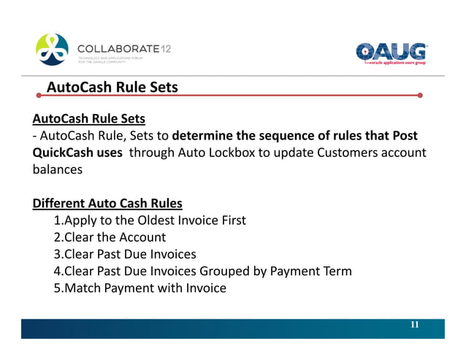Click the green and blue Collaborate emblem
53,50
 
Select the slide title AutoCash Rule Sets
112,88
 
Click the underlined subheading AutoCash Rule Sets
88,118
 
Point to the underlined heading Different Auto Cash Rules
107,202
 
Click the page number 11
414,325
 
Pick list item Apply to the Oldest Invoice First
150,220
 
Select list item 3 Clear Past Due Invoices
125,254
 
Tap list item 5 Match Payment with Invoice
140,288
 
